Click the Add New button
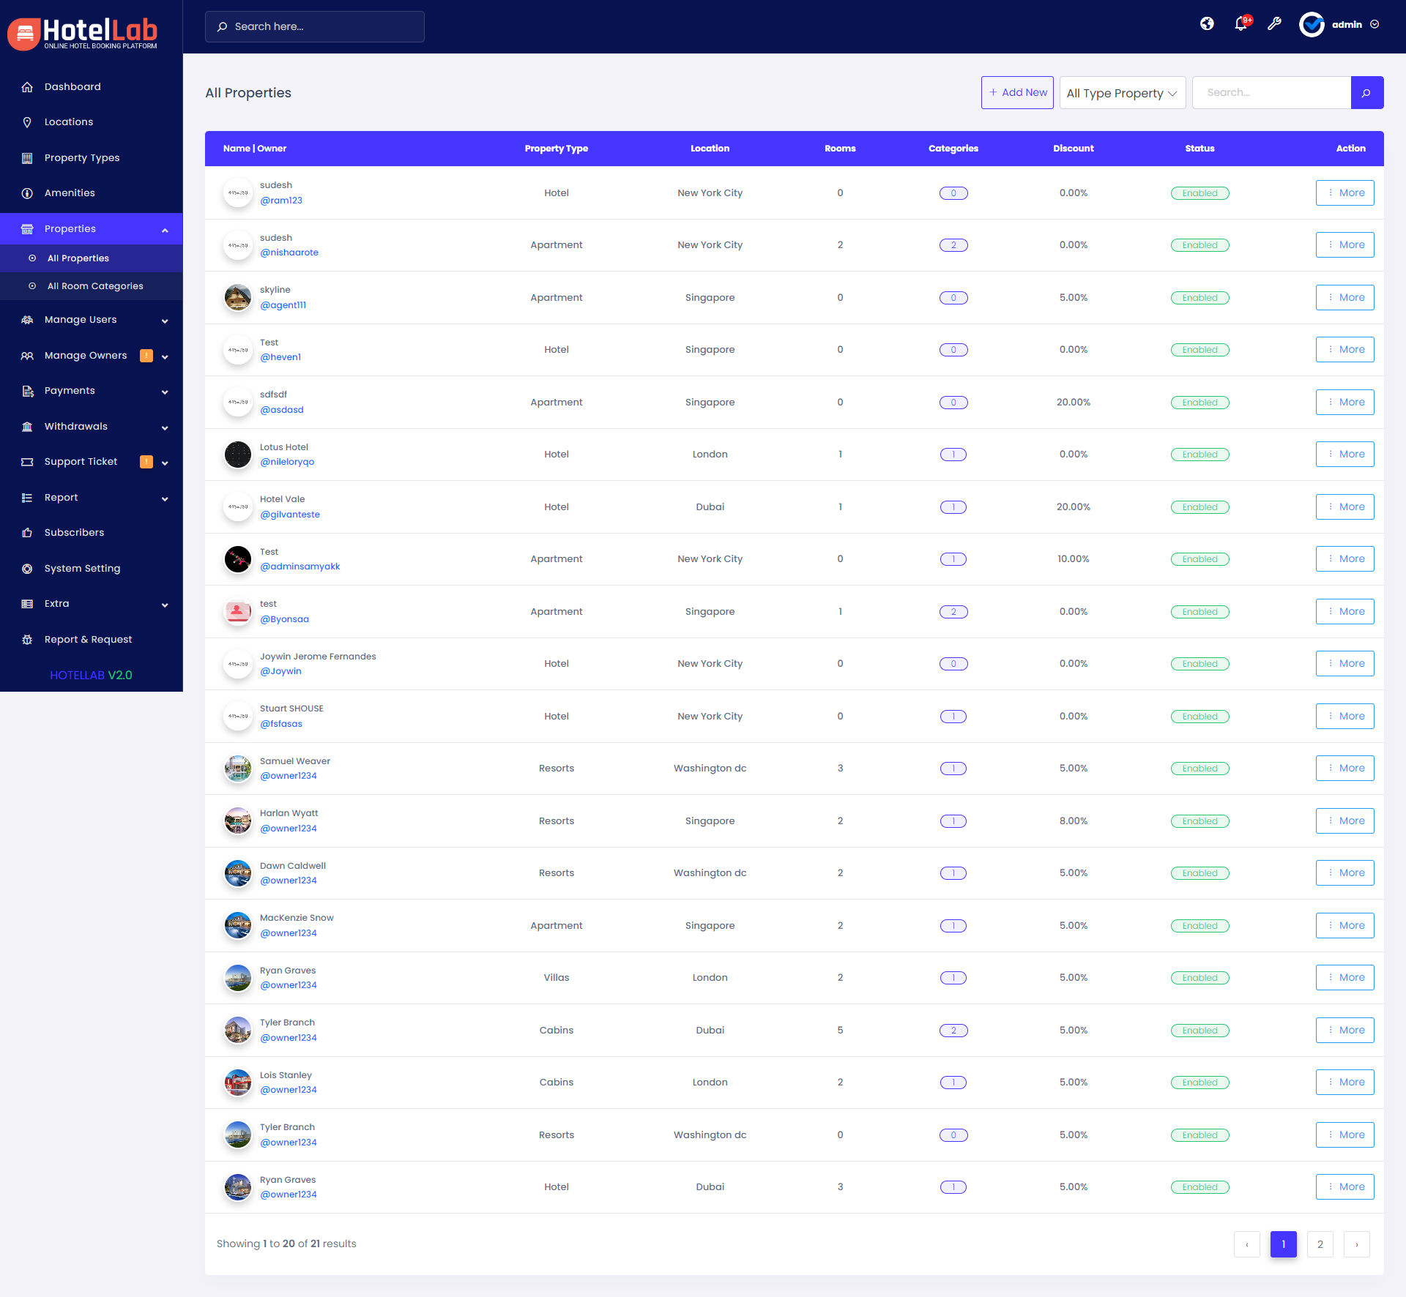(x=1017, y=93)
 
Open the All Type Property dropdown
(x=1122, y=93)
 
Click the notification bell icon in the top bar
(x=1241, y=24)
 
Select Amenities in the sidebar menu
(x=70, y=193)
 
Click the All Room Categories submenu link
(x=95, y=286)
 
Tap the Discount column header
(x=1073, y=149)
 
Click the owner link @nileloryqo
(x=287, y=462)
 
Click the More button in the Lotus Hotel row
(x=1344, y=455)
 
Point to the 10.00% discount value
(x=1073, y=559)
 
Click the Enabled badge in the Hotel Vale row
(x=1199, y=507)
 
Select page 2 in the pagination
(x=1320, y=1244)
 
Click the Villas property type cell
(x=557, y=978)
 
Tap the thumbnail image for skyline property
(x=238, y=298)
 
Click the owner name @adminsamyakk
(x=300, y=567)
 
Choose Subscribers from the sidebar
(x=74, y=533)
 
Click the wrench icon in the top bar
(x=1274, y=24)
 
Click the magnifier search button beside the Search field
(x=1366, y=93)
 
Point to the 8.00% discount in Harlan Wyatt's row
(x=1073, y=821)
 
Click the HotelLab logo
(x=84, y=33)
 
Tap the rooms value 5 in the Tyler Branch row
(x=840, y=1031)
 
